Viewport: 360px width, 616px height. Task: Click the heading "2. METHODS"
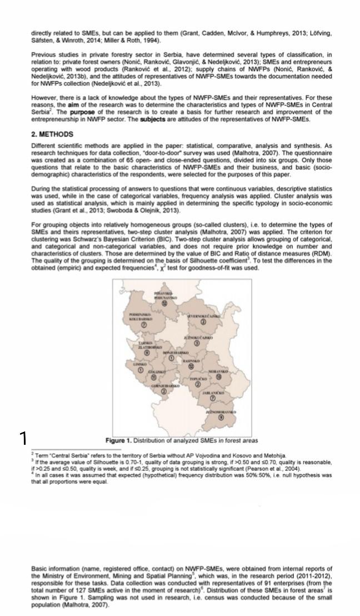click(x=52, y=135)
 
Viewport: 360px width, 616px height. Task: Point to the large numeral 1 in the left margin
click(x=23, y=439)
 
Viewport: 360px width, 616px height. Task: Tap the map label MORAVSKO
click(x=218, y=371)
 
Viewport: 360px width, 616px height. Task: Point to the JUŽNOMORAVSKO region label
click(x=221, y=412)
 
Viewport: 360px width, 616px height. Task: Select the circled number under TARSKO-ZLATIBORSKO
click(x=147, y=352)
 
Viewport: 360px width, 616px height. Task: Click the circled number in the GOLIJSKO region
click(x=153, y=377)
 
